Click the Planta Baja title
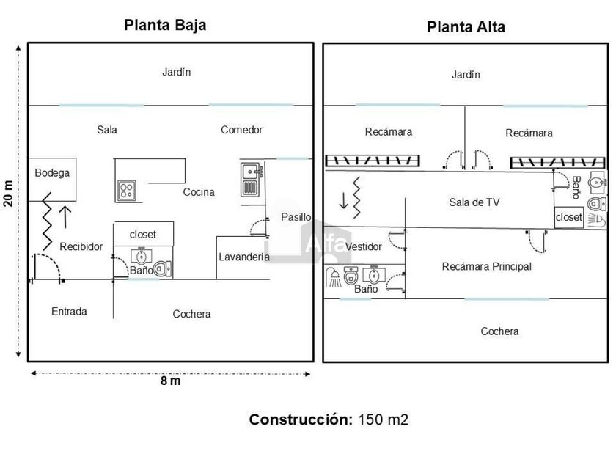165,25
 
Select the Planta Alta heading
466,27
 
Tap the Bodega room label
52,173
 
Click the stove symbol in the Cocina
126,191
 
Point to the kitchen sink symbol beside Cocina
252,179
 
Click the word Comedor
241,130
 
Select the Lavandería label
244,257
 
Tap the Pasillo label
296,217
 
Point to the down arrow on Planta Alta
342,199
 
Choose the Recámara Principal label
486,267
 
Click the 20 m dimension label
8,194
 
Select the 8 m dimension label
170,381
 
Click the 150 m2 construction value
383,420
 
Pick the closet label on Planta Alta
569,217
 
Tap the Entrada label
69,312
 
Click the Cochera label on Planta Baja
191,314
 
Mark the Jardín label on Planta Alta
466,75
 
